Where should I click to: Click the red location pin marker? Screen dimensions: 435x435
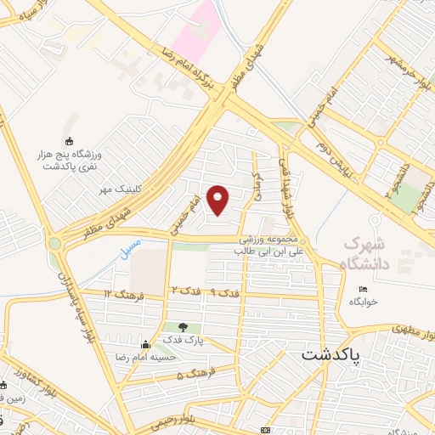[x=219, y=199]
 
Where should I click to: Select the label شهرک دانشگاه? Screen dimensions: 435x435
[x=366, y=253]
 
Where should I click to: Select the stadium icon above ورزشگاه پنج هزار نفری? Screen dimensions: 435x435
[x=69, y=140]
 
